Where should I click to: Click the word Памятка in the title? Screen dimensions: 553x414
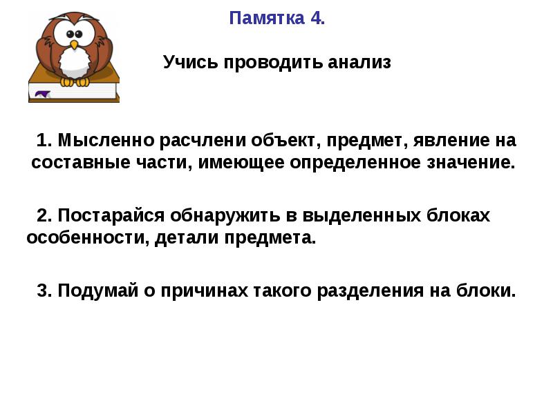pos(267,19)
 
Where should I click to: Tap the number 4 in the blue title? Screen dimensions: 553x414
pos(316,19)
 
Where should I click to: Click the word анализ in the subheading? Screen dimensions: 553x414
pos(359,63)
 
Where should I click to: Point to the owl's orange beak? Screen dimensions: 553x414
pos(74,45)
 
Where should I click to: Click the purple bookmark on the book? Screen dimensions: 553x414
pos(42,94)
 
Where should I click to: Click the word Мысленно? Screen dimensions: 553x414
pos(106,140)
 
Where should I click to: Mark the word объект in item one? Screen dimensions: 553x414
pos(285,141)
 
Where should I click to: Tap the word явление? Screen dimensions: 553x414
pos(451,140)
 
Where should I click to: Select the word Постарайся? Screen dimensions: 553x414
pos(111,216)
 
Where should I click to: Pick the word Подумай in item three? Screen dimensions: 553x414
pos(97,291)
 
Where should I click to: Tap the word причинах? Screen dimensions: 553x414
pos(204,291)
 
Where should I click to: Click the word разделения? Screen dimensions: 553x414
pos(370,291)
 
